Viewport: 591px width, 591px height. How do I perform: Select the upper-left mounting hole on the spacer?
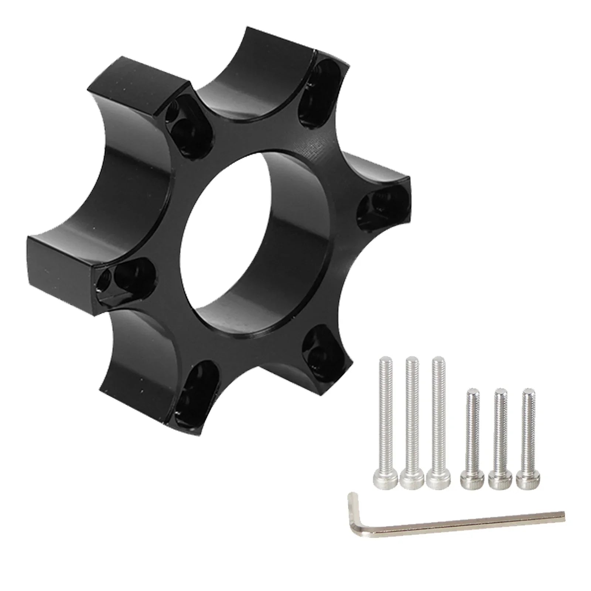click(x=185, y=126)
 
